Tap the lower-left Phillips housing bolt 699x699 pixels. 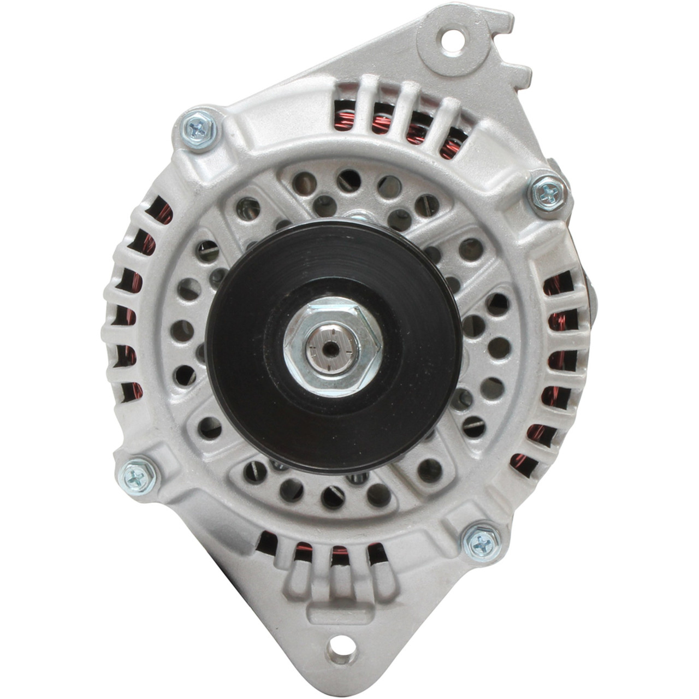coord(137,477)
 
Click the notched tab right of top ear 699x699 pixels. coord(519,74)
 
